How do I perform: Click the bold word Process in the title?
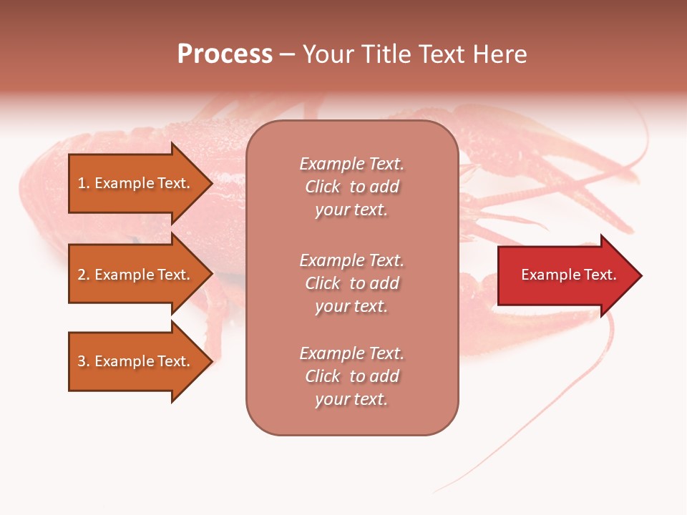[x=225, y=54]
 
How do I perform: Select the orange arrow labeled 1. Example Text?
[x=136, y=183]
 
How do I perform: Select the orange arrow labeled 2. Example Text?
[x=136, y=275]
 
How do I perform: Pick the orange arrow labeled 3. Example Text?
[x=136, y=361]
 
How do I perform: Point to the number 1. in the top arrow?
[x=84, y=183]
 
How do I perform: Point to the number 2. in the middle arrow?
[x=84, y=275]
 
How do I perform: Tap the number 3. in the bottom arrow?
[x=84, y=361]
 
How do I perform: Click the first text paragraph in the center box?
[x=351, y=187]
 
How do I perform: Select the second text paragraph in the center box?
[x=351, y=283]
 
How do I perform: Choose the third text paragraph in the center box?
[x=351, y=376]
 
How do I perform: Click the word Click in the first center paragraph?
[x=323, y=187]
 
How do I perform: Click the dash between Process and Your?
[x=287, y=55]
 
